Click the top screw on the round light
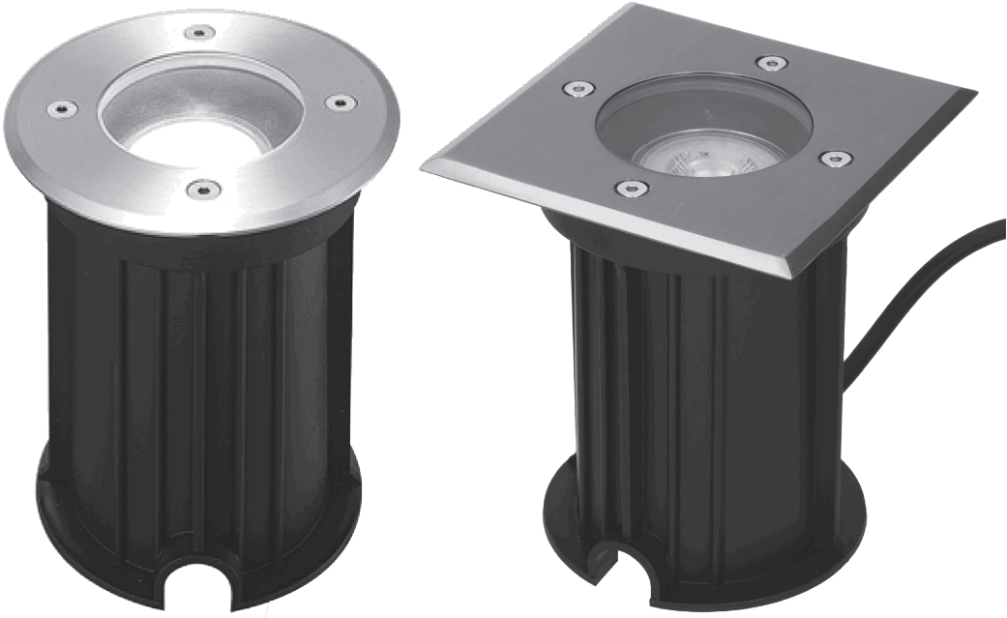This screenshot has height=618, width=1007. pyautogui.click(x=199, y=33)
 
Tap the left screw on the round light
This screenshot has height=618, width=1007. pyautogui.click(x=58, y=108)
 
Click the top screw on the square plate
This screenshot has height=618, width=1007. pyautogui.click(x=770, y=63)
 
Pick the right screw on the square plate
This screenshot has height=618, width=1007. pyautogui.click(x=834, y=157)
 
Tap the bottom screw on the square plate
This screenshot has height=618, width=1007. pyautogui.click(x=631, y=187)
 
